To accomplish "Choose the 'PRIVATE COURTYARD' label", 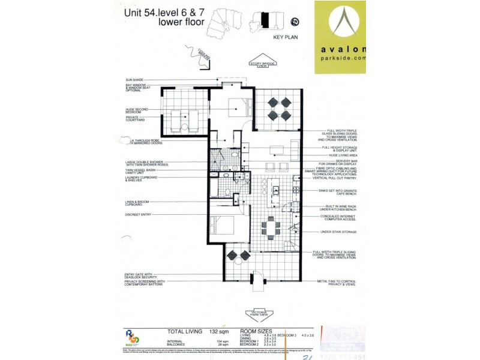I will (136, 119).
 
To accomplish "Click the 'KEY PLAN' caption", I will (286, 37).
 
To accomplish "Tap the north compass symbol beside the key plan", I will (295, 22).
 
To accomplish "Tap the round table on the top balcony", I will (278, 107).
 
